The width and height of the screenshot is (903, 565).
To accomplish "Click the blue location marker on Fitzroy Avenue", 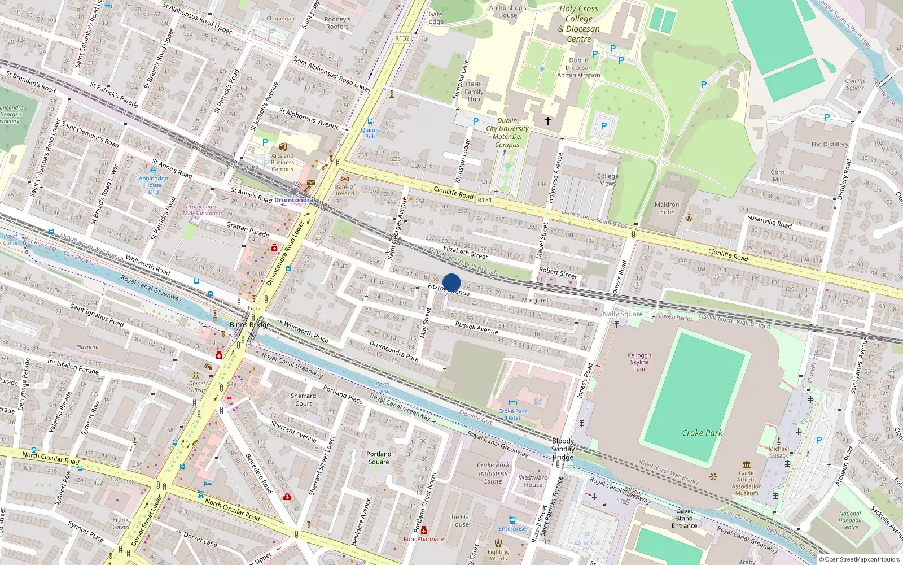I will point(451,282).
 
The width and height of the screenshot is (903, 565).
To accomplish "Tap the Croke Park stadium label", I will point(702,433).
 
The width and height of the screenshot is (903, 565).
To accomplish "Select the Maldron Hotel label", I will point(667,208).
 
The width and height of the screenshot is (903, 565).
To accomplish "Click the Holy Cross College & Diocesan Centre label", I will point(578,24).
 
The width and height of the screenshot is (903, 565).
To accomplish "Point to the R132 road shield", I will point(402,38).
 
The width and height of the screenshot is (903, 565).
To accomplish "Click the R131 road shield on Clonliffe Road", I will point(484,199).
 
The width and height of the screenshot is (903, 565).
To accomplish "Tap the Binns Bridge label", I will point(250,325).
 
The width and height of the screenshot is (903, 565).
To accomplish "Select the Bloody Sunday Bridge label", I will point(563,449).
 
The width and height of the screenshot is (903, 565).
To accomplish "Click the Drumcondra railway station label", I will point(293,200).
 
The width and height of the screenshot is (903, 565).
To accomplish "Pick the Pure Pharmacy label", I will point(423,539).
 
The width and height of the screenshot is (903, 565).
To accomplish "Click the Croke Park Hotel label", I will point(512,414).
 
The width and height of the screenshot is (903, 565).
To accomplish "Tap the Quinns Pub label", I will point(370,133).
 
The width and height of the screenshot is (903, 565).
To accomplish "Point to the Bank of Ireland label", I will point(345,190).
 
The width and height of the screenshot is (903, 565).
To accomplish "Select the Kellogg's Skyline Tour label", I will point(639,362).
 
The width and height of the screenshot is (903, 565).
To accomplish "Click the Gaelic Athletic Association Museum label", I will point(747,483).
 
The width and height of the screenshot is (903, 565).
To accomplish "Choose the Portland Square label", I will point(379,458).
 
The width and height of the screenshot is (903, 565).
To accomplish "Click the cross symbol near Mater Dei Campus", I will point(547,120).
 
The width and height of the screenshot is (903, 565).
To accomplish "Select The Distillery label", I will point(829,144).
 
